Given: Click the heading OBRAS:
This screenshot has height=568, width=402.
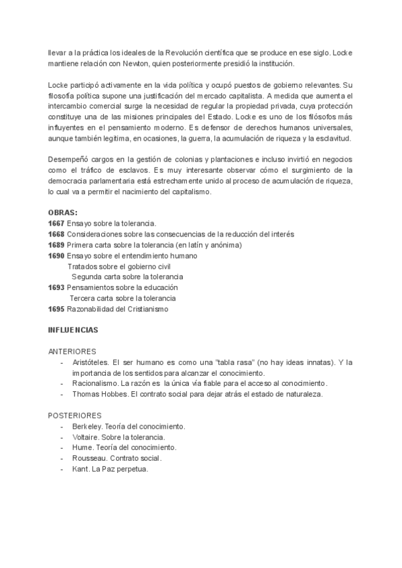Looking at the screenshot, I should [63, 212].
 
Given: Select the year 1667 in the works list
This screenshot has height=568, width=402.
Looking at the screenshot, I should [56, 223].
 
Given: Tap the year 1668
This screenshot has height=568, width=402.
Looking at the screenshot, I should [56, 234].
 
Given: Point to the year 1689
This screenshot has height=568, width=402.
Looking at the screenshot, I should [56, 244].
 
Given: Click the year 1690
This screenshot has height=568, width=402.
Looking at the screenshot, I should [56, 255].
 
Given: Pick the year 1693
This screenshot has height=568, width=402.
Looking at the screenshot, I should [56, 287].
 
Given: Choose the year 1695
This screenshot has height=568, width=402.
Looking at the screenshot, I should [56, 309].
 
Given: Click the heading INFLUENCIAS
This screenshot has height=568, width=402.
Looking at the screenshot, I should [74, 330].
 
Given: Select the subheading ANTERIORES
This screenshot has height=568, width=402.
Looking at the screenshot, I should [73, 352].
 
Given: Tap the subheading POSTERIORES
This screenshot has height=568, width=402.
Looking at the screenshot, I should [75, 416].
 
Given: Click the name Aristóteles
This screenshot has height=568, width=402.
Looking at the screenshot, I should [90, 362].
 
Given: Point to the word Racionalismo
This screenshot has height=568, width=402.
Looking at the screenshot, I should [94, 384].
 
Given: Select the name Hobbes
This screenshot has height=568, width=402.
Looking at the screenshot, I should [115, 395].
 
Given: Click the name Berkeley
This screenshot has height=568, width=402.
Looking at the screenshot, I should [87, 427].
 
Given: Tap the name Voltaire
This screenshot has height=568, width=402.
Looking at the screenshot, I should [85, 437].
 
